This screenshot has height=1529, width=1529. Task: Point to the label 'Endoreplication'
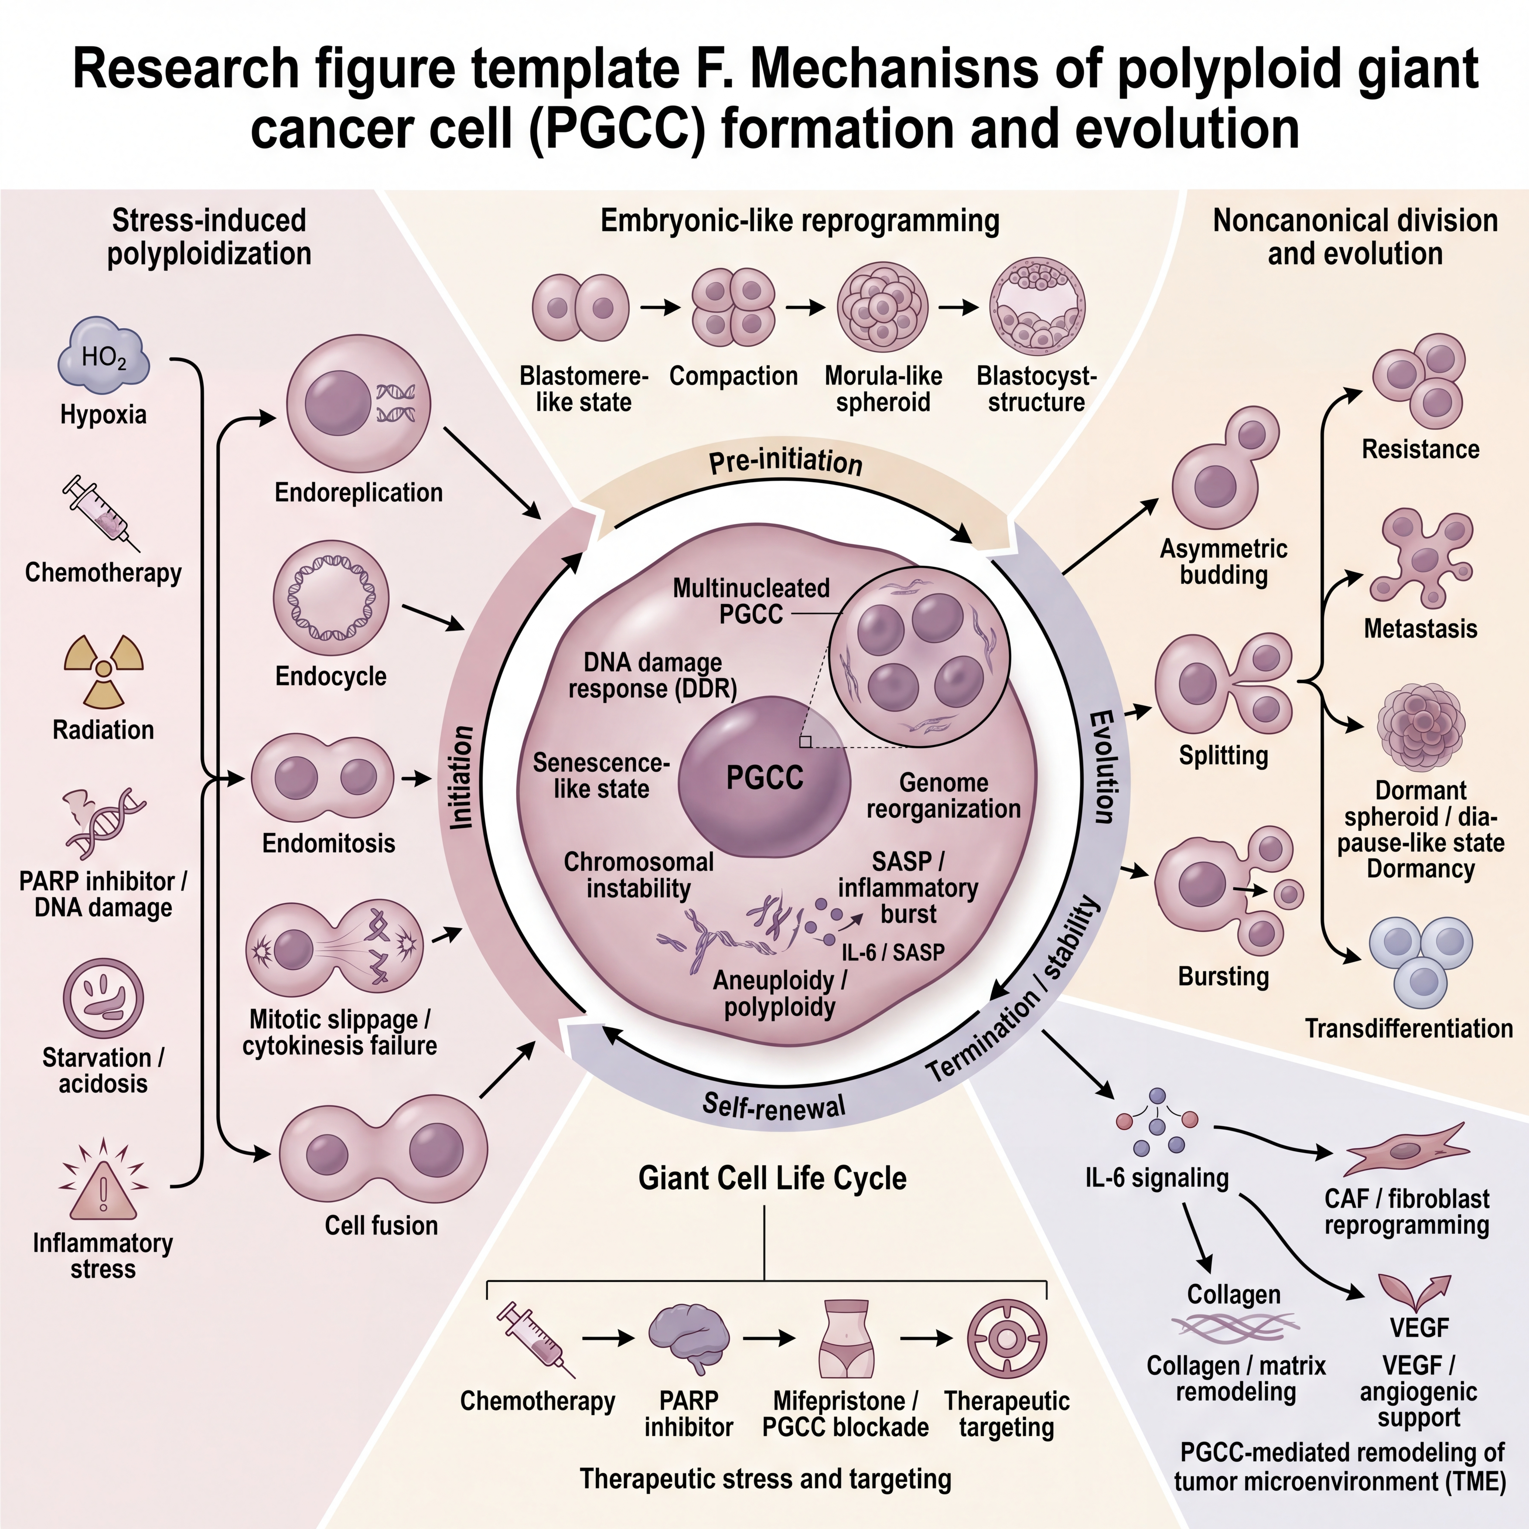[x=358, y=492]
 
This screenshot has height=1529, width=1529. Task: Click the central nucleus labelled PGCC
[x=764, y=777]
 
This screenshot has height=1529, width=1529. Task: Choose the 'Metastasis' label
[x=1421, y=629]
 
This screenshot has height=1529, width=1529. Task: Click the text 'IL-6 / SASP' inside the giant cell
[x=893, y=952]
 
